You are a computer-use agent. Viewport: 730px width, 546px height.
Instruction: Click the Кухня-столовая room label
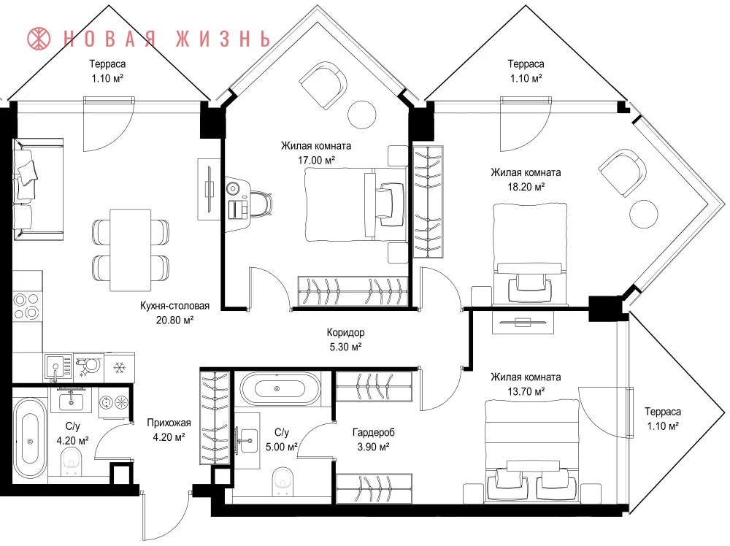pyautogui.click(x=174, y=306)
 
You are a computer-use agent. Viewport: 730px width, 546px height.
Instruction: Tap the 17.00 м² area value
pyautogui.click(x=317, y=161)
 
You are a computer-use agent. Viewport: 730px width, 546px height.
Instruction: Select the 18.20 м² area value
pyautogui.click(x=526, y=187)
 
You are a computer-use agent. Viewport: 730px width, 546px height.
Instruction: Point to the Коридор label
pyautogui.click(x=345, y=332)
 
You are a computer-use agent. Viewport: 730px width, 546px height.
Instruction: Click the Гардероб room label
pyautogui.click(x=373, y=432)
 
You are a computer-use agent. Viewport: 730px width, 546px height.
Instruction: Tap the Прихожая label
pyautogui.click(x=169, y=423)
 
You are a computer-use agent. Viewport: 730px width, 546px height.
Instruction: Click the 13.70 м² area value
pyautogui.click(x=526, y=392)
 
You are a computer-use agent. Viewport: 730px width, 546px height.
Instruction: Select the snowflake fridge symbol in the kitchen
pyautogui.click(x=120, y=368)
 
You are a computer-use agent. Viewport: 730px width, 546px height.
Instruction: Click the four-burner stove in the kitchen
pyautogui.click(x=26, y=306)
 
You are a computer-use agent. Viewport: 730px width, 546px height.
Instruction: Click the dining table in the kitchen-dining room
pyautogui.click(x=131, y=250)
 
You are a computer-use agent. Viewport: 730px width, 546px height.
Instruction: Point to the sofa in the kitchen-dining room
pyautogui.click(x=38, y=189)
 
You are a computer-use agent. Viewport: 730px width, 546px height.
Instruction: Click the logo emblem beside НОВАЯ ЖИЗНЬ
pyautogui.click(x=39, y=39)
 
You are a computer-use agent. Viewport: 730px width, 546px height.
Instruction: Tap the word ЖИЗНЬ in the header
pyautogui.click(x=223, y=39)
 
